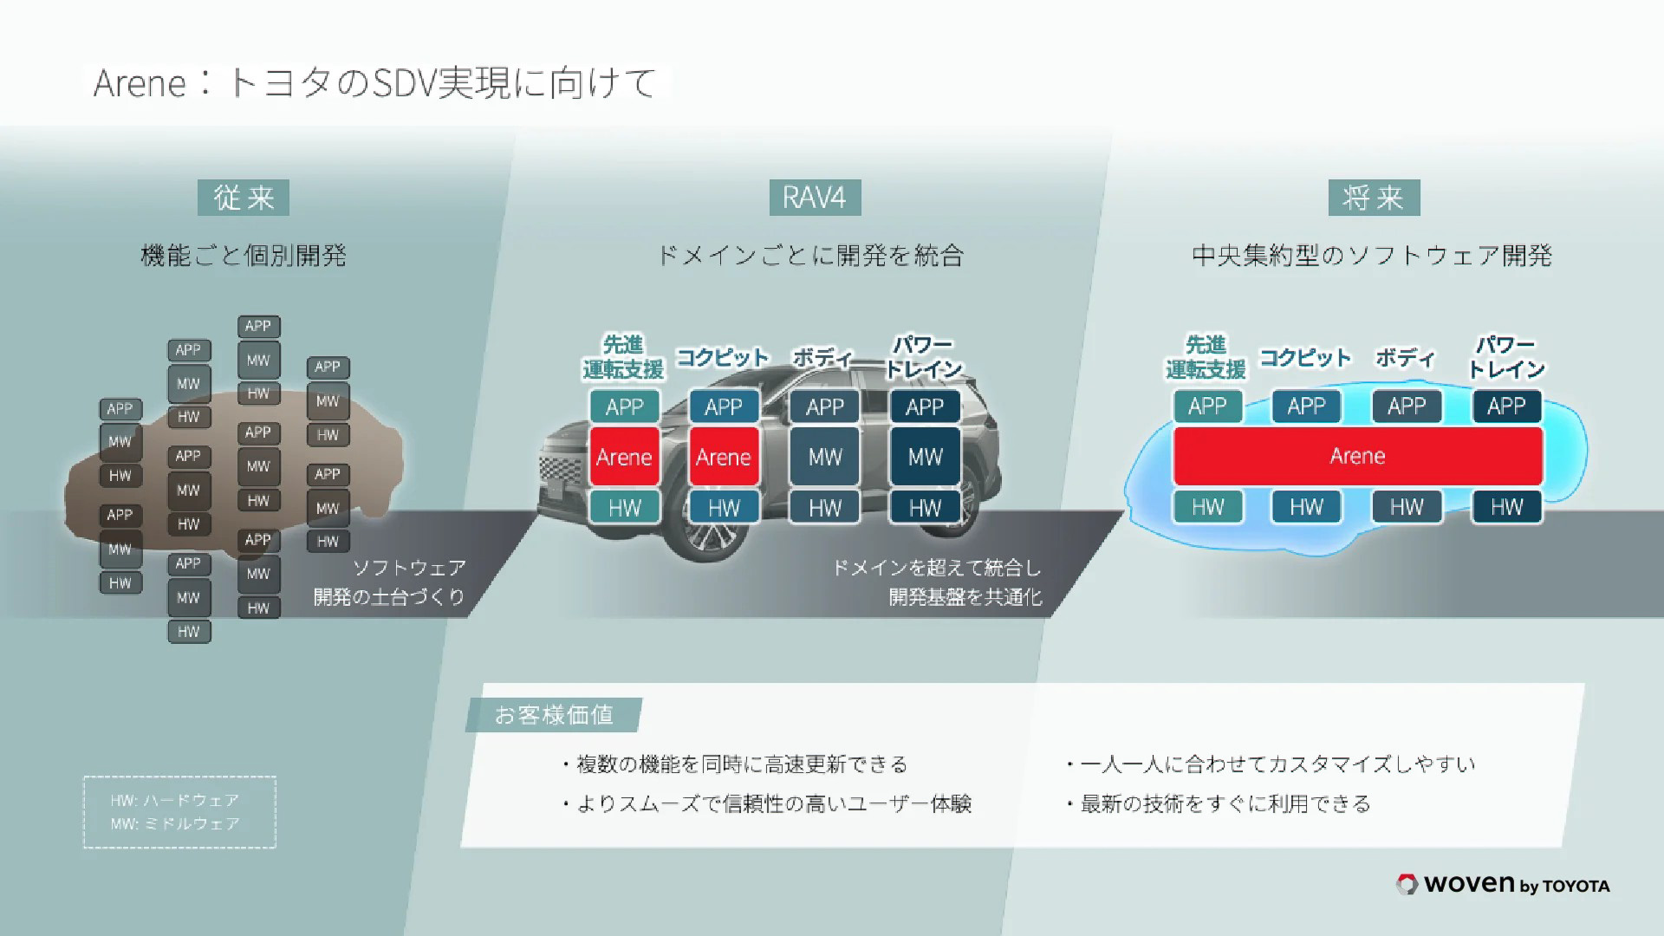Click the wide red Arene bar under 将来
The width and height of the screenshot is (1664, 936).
pos(1357,456)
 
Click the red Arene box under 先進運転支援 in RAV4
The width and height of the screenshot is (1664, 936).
pos(624,457)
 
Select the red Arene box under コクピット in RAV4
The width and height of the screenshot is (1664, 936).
pos(724,457)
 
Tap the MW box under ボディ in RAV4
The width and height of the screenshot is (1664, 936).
pos(824,457)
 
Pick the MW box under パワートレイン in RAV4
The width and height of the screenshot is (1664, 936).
pos(925,457)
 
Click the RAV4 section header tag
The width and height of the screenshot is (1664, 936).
pos(815,198)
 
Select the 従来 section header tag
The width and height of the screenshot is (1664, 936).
pos(244,198)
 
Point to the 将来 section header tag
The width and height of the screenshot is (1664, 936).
pos(1374,198)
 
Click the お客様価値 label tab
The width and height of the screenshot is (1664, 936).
pos(554,715)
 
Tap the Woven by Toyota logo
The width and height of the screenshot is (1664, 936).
pos(1504,884)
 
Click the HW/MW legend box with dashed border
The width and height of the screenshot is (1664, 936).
pos(179,812)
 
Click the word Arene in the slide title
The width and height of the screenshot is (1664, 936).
pos(140,84)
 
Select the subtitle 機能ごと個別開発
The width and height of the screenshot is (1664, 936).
pos(244,256)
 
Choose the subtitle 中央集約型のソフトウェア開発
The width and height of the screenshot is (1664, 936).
pos(1372,256)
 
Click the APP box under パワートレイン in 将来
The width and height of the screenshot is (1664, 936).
pos(1506,406)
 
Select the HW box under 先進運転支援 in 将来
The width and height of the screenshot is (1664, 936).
pos(1207,507)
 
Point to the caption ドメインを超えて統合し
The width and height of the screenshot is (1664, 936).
pos(936,568)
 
